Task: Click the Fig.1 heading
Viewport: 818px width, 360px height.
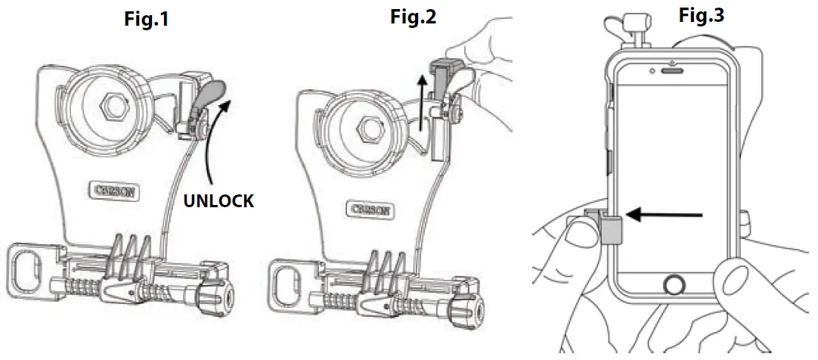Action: click(x=146, y=18)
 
